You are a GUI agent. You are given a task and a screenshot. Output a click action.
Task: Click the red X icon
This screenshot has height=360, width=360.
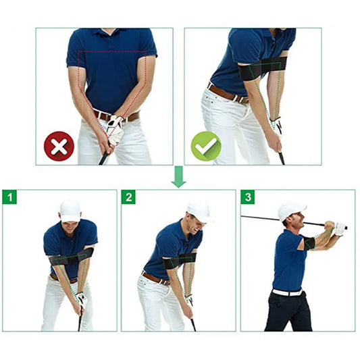point(59,145)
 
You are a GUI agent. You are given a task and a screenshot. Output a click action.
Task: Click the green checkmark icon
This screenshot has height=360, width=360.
point(205,145)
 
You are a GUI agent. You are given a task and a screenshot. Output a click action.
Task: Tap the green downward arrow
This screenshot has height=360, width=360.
point(178,177)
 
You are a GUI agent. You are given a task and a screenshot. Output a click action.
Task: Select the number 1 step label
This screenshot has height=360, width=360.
point(9,197)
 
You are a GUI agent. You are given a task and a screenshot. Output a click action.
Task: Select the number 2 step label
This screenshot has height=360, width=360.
point(129,197)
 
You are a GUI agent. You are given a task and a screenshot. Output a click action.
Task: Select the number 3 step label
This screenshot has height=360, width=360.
point(249,197)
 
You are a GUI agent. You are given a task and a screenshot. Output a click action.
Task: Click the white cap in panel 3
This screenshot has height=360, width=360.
point(291,210)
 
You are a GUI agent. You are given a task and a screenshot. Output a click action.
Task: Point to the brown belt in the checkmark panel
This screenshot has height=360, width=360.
point(226,93)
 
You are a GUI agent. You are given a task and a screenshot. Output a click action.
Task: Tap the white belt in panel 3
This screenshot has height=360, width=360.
point(288,292)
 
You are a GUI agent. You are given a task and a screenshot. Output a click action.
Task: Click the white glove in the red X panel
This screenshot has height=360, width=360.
point(115,128)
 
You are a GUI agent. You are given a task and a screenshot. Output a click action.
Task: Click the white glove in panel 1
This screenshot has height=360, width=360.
point(81,298)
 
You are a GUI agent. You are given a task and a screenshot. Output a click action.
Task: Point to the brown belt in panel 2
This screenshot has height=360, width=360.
point(155,278)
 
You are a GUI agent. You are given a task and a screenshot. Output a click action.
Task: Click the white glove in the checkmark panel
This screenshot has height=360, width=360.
point(276,125)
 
